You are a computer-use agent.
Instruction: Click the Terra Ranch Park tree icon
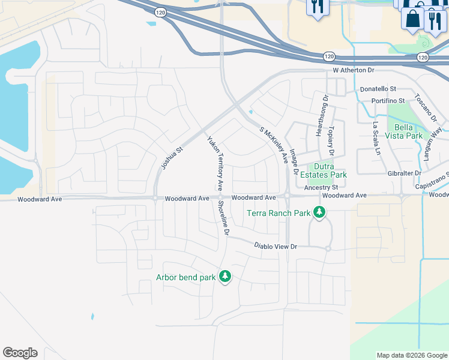click(320, 212)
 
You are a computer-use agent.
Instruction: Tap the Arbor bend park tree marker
click(225, 277)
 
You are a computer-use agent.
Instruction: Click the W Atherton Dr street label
click(354, 70)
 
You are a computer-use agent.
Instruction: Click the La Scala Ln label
click(376, 137)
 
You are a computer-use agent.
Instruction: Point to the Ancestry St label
click(322, 187)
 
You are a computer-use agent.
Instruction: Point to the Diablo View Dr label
click(276, 246)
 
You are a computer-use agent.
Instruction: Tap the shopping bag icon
click(413, 17)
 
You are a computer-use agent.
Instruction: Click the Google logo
click(20, 353)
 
